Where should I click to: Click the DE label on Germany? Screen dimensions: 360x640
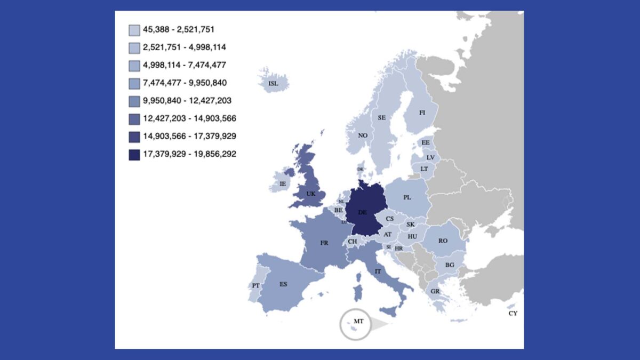pyautogui.click(x=362, y=212)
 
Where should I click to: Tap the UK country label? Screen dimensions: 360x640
pyautogui.click(x=311, y=194)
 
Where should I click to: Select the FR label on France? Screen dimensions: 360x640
pyautogui.click(x=324, y=243)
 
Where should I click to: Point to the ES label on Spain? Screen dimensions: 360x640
pyautogui.click(x=283, y=284)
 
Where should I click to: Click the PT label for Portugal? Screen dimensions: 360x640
pyautogui.click(x=256, y=286)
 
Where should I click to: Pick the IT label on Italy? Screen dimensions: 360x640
pyautogui.click(x=378, y=271)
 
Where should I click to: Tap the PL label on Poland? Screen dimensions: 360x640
pyautogui.click(x=407, y=197)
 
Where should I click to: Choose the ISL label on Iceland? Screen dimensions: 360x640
pyautogui.click(x=273, y=84)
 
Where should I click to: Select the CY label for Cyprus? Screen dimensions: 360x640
pyautogui.click(x=513, y=314)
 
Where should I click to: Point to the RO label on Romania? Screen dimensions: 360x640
pyautogui.click(x=443, y=241)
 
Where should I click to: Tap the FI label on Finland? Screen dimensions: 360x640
pyautogui.click(x=422, y=113)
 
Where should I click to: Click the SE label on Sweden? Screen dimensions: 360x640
pyautogui.click(x=382, y=117)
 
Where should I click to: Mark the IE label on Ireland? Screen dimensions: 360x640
pyautogui.click(x=283, y=184)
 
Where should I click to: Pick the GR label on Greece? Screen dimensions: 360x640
pyautogui.click(x=435, y=291)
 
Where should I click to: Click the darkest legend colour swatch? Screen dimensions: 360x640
pyautogui.click(x=134, y=155)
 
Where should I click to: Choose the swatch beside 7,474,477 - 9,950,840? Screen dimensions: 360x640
pyautogui.click(x=134, y=83)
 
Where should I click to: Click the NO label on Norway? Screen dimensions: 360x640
pyautogui.click(x=363, y=135)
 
